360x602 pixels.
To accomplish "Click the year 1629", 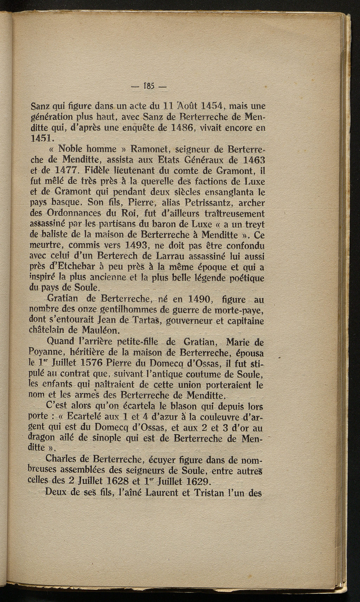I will (x=194, y=481).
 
